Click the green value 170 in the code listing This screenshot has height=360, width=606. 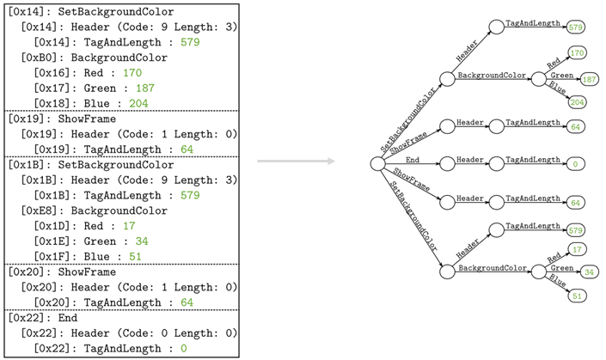point(132,72)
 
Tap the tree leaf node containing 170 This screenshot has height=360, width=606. point(577,53)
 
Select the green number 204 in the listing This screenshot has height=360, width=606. point(138,103)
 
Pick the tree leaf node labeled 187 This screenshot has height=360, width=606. point(590,80)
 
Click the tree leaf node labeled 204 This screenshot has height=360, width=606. point(577,102)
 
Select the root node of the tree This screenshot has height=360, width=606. point(376,163)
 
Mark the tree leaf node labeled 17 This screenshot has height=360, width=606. point(577,249)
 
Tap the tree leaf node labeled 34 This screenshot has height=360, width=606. point(589,272)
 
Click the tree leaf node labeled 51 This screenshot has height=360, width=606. point(577,296)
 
